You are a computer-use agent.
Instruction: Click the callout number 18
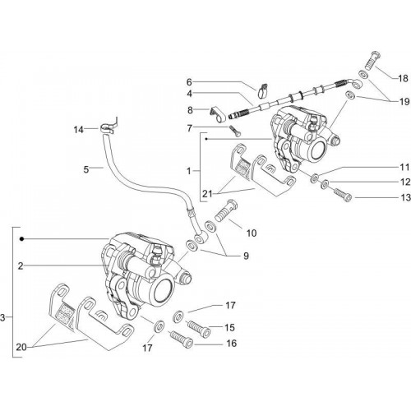403,78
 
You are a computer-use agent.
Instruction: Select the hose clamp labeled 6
263,90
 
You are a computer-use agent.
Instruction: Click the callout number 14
78,130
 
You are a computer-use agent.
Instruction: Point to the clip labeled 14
109,126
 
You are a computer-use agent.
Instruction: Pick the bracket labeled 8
218,114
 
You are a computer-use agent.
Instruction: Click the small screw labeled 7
234,131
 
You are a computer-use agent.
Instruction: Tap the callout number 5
86,169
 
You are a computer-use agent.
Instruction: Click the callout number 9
246,256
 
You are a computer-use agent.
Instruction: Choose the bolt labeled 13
342,194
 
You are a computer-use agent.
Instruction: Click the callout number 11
404,167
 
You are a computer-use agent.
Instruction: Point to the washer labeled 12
325,184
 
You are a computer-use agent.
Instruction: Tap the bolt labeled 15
199,328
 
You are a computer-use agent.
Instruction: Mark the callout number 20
21,348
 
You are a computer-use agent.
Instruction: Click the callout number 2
21,266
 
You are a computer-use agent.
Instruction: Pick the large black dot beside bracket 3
21,239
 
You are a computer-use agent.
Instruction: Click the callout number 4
190,94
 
